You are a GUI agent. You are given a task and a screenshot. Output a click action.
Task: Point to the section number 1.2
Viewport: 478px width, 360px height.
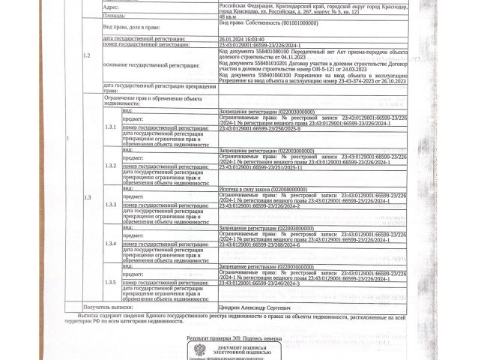(x=87, y=55)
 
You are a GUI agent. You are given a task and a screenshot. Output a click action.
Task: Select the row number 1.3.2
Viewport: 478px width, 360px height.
(x=110, y=165)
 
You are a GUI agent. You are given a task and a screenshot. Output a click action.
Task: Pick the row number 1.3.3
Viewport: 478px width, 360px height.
(x=110, y=205)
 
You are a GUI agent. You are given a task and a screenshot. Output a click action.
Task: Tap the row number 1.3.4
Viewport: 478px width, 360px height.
(x=110, y=244)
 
